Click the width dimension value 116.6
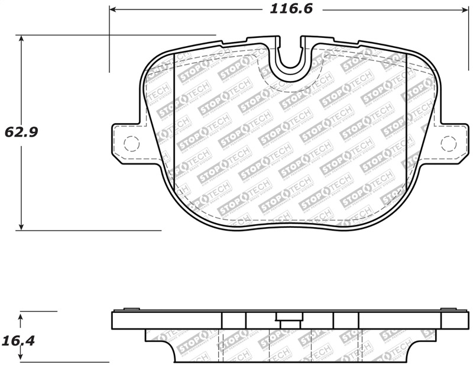[x=291, y=9]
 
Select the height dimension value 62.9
[x=22, y=132]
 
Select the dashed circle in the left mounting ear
[x=131, y=143]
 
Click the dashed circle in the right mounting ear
[x=449, y=143]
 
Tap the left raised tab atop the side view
[x=131, y=309]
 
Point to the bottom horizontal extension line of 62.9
[x=89, y=230]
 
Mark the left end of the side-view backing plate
[x=113, y=320]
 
